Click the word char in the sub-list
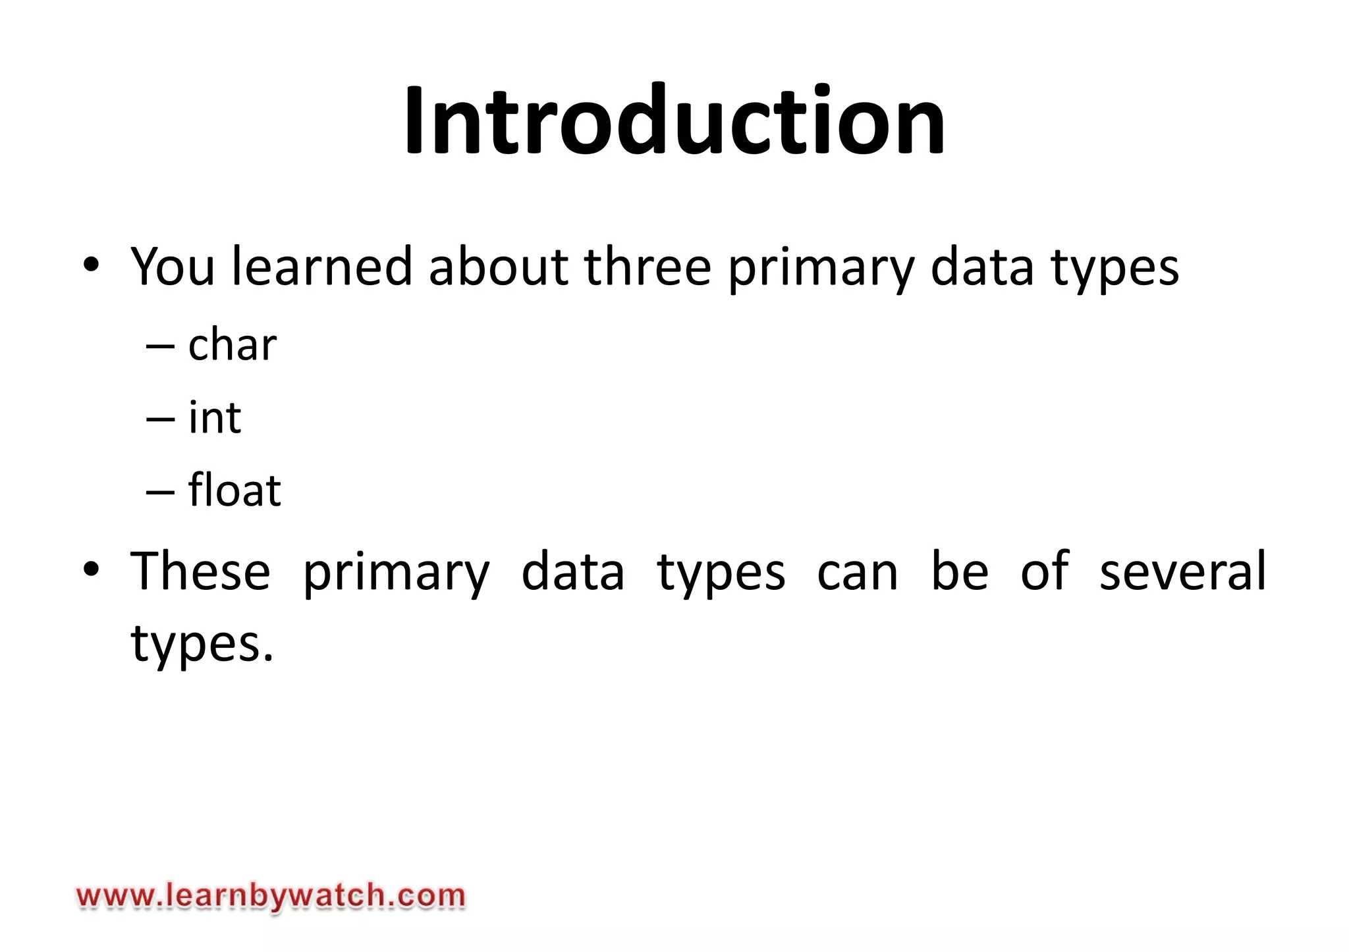[232, 345]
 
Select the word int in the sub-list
[215, 417]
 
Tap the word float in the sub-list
[234, 490]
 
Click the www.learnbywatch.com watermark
[271, 897]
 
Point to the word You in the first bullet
[173, 267]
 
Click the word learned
[322, 267]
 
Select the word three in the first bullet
[647, 267]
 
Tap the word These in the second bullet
[200, 571]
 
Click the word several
[1182, 571]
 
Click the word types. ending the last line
[202, 644]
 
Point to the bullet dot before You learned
[91, 265]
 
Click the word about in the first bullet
[498, 267]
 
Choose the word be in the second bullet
[959, 571]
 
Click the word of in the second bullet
[1045, 571]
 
